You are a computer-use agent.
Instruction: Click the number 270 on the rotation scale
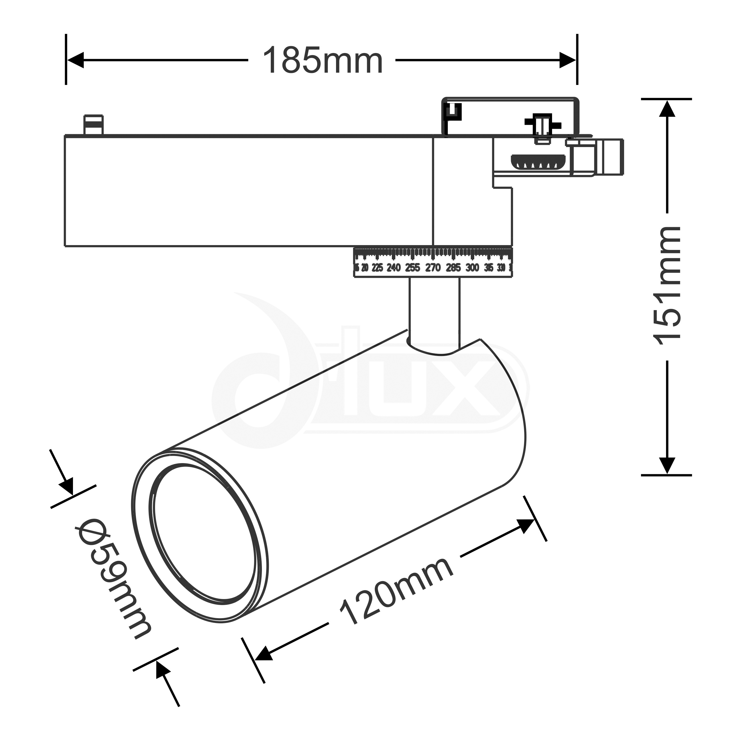[433, 268]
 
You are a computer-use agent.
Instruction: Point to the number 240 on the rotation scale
[394, 268]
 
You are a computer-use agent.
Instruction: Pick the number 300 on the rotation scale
[472, 268]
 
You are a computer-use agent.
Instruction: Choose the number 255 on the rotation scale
[413, 268]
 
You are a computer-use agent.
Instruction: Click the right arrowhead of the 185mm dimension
[568, 60]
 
